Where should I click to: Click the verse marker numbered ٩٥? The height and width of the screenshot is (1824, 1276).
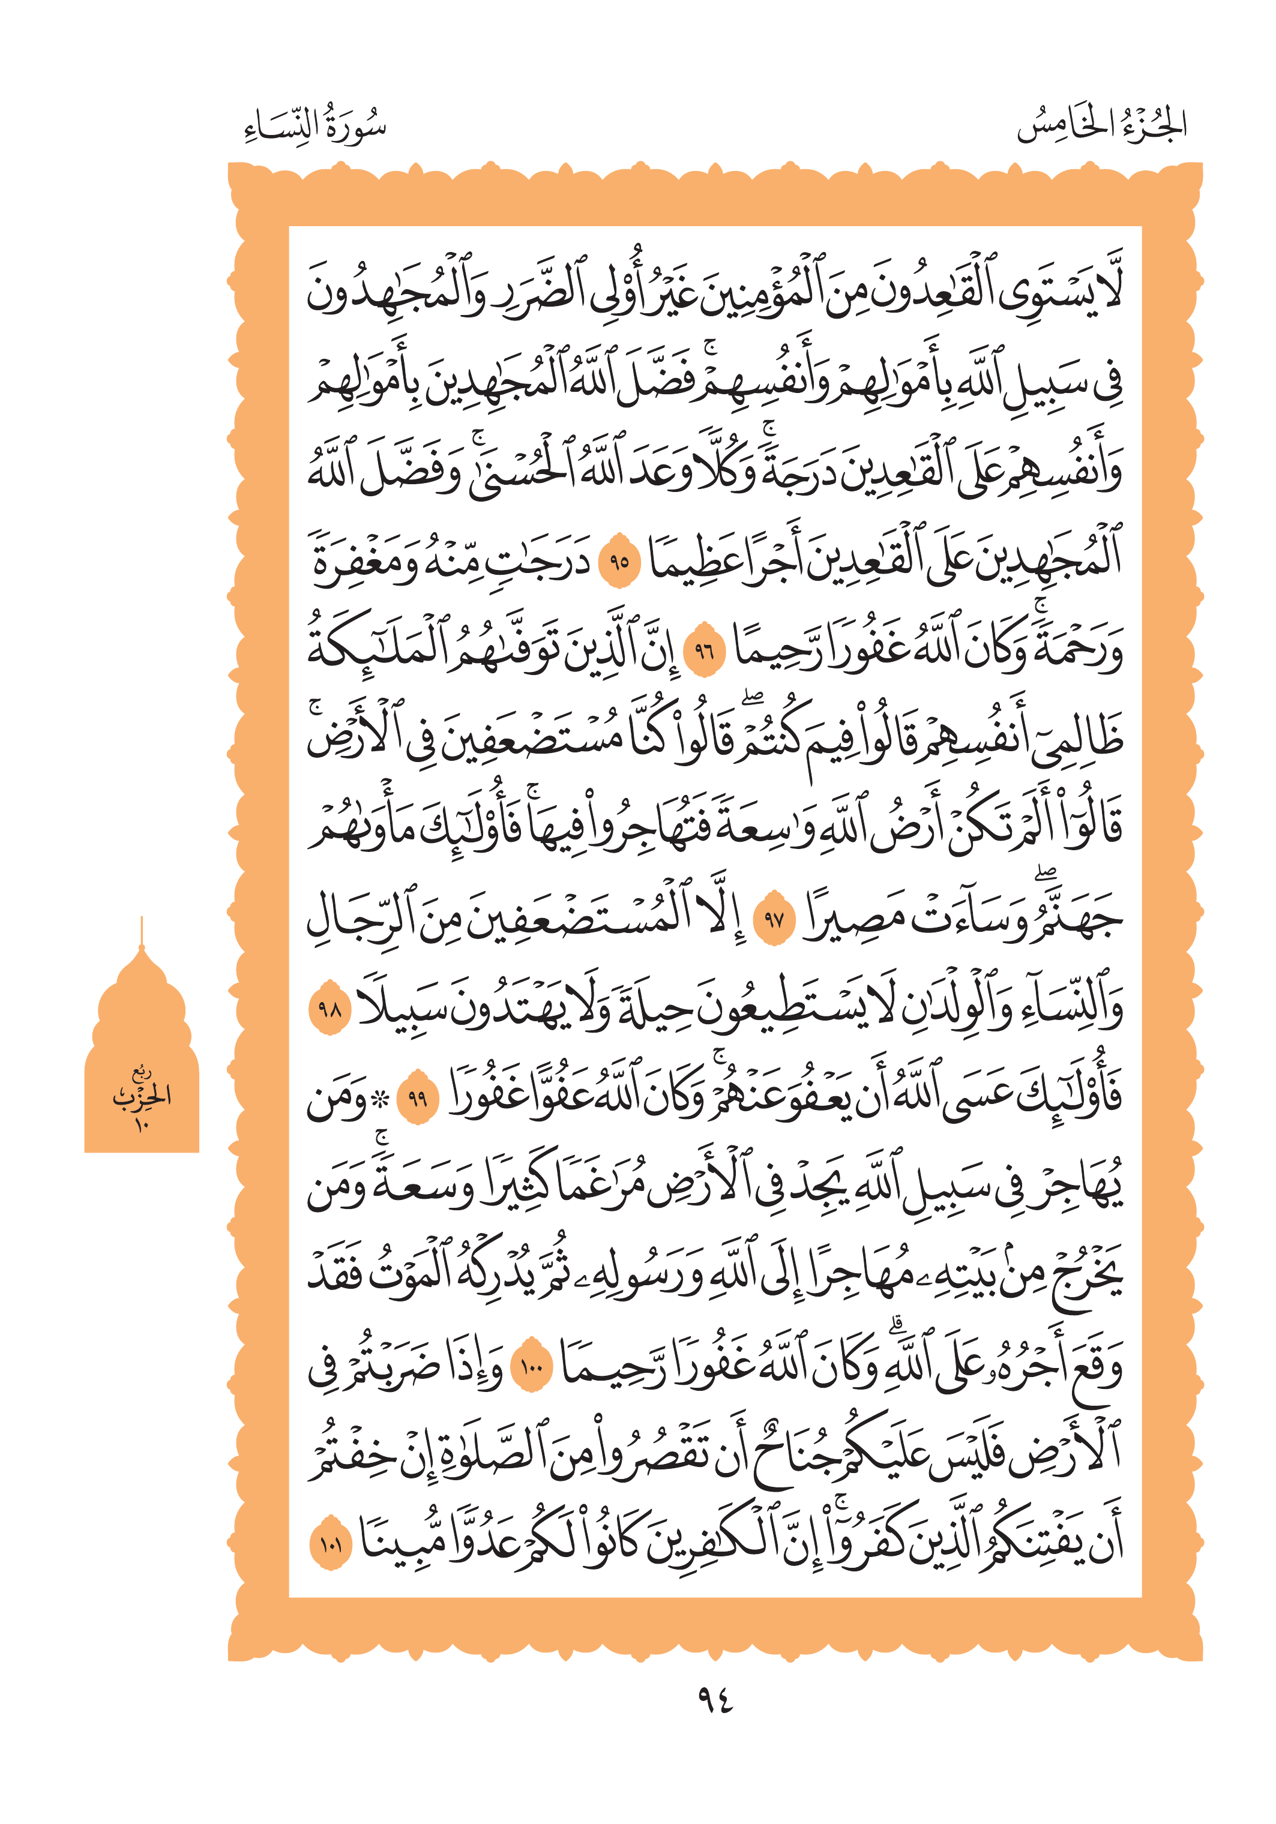[x=619, y=562]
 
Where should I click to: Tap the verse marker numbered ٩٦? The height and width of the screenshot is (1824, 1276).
[x=705, y=652]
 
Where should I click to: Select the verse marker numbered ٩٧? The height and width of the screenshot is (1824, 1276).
[x=773, y=920]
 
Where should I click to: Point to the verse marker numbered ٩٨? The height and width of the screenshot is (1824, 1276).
[x=329, y=1009]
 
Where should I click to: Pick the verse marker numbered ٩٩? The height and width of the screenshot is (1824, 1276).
[x=417, y=1099]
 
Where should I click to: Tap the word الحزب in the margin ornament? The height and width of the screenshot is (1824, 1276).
[x=142, y=1096]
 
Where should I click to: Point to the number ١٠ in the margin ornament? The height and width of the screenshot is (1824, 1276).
[x=142, y=1124]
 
